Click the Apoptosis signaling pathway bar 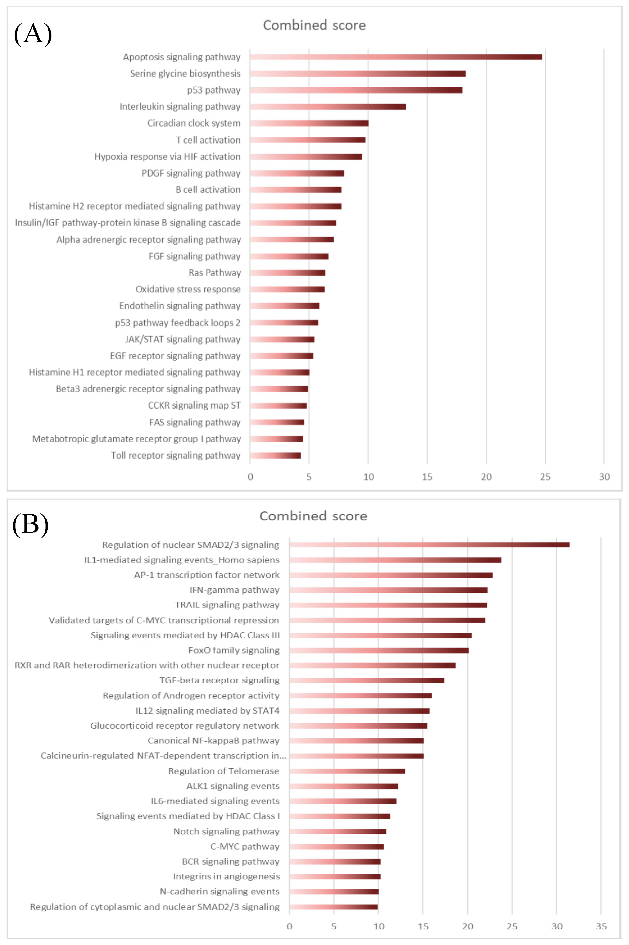click(396, 57)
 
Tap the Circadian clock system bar click(309, 123)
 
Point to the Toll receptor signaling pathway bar click(275, 456)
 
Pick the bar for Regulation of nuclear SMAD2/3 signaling click(429, 545)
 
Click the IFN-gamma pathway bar click(388, 590)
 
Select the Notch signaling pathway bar click(338, 832)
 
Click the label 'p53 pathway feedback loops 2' click(178, 323)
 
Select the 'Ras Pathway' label click(215, 273)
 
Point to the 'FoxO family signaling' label click(234, 650)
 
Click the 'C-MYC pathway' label click(245, 846)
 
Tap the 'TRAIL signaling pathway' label click(227, 605)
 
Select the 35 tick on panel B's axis click(601, 926)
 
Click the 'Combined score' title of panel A click(314, 25)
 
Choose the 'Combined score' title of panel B click(313, 516)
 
